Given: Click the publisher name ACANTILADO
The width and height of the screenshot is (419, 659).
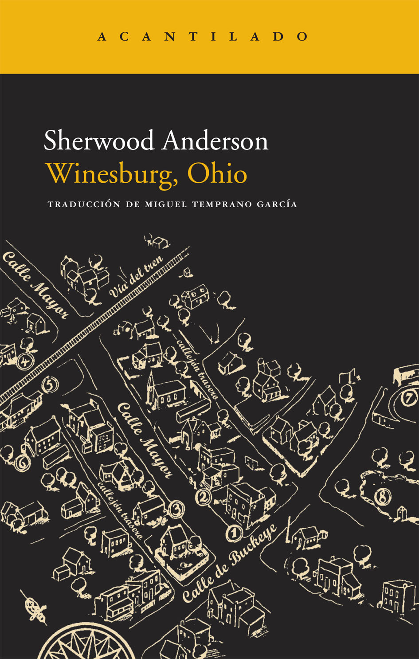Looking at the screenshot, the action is pos(203,36).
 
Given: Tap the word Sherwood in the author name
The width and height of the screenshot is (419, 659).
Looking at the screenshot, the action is pos(99,141).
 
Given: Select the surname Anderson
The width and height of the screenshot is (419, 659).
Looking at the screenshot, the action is pos(215,141).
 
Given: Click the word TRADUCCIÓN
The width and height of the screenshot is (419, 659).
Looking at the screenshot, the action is pos(84,204).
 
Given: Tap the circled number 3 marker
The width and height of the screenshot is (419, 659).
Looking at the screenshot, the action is pos(176,509).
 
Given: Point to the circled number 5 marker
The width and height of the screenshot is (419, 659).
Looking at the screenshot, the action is pos(50,384).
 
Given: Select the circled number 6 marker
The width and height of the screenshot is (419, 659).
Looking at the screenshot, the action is pos(22,463).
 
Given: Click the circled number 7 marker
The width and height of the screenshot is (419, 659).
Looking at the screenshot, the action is pos(408,398).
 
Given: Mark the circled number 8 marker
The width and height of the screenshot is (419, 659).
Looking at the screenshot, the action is pos(381,497).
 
